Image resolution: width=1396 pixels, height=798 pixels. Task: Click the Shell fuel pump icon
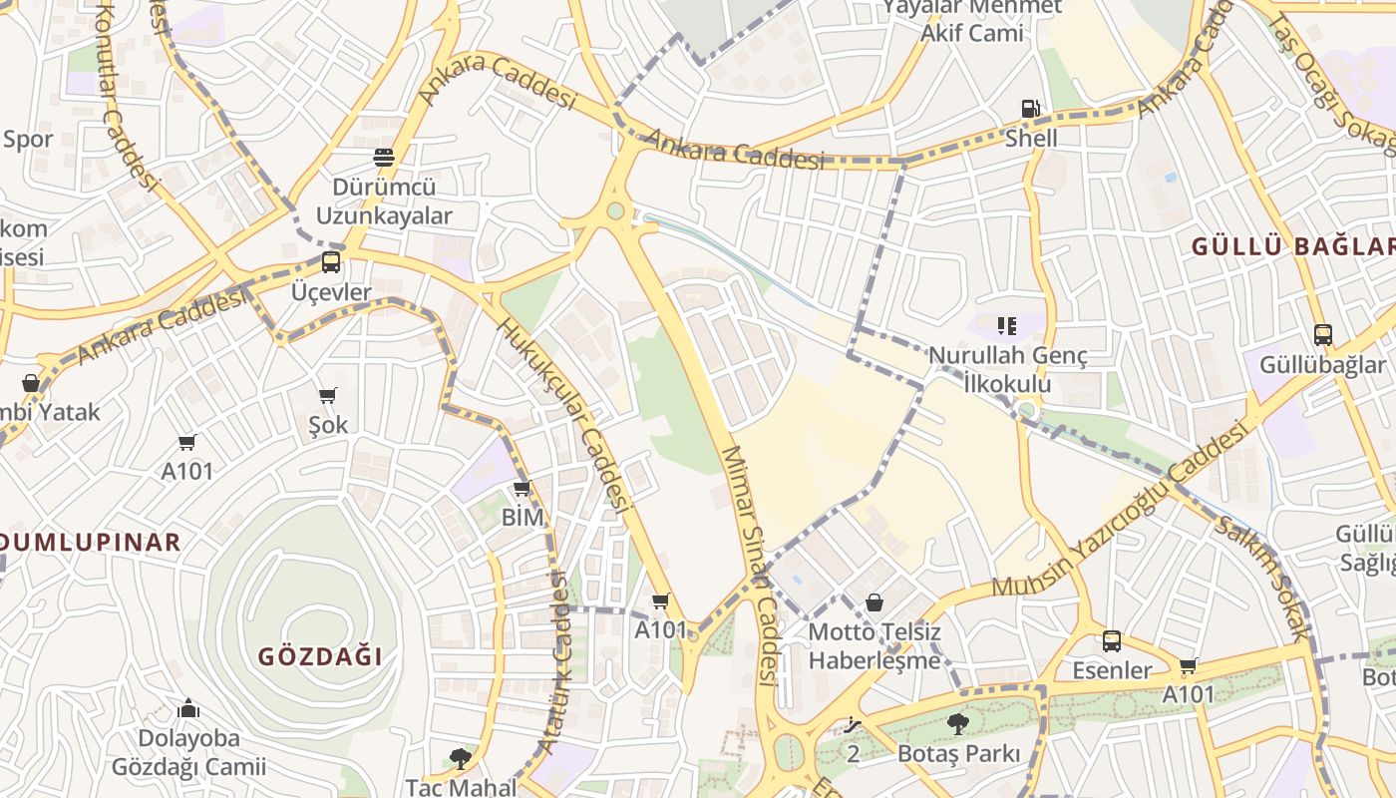click(x=1030, y=109)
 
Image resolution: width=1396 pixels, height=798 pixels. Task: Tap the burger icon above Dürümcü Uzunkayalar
click(x=384, y=157)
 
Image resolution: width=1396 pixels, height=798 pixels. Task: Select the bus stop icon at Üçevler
click(x=331, y=262)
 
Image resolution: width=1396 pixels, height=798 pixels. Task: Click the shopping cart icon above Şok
click(x=328, y=395)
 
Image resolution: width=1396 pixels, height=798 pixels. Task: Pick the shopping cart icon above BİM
click(x=522, y=488)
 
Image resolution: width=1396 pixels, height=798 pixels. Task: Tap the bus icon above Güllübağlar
click(x=1322, y=335)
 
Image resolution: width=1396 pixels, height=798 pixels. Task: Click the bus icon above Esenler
click(x=1112, y=641)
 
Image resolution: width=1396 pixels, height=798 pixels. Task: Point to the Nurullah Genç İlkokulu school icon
click(x=1006, y=325)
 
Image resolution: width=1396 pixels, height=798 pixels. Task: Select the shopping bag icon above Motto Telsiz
click(x=874, y=602)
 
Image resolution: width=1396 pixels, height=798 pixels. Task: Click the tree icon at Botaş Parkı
click(x=958, y=723)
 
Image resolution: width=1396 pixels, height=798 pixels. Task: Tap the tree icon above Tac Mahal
click(x=460, y=758)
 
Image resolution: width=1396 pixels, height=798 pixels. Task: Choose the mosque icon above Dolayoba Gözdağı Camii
click(x=188, y=709)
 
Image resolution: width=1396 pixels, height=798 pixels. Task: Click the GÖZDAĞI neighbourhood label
click(x=320, y=656)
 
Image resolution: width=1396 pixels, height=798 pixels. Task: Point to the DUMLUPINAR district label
click(x=90, y=543)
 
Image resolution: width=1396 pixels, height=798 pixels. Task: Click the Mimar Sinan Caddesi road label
click(x=749, y=565)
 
